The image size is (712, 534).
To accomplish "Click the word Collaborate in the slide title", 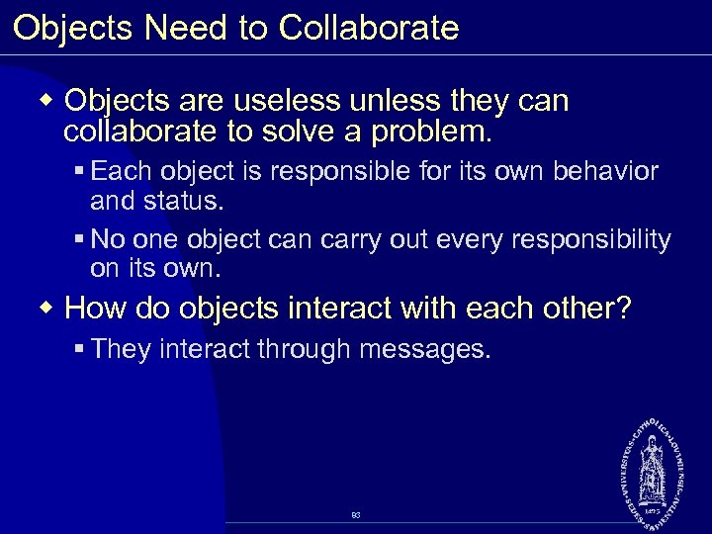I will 369,28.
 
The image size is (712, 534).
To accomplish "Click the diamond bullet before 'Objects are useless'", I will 47,100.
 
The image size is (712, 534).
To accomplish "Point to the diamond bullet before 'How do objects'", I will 47,308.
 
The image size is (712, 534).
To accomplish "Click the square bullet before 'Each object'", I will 78,172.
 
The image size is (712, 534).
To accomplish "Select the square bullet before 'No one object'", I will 78,240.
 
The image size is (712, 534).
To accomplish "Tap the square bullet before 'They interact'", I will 78,350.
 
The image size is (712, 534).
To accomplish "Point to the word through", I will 302,350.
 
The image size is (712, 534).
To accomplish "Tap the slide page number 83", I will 355,515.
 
